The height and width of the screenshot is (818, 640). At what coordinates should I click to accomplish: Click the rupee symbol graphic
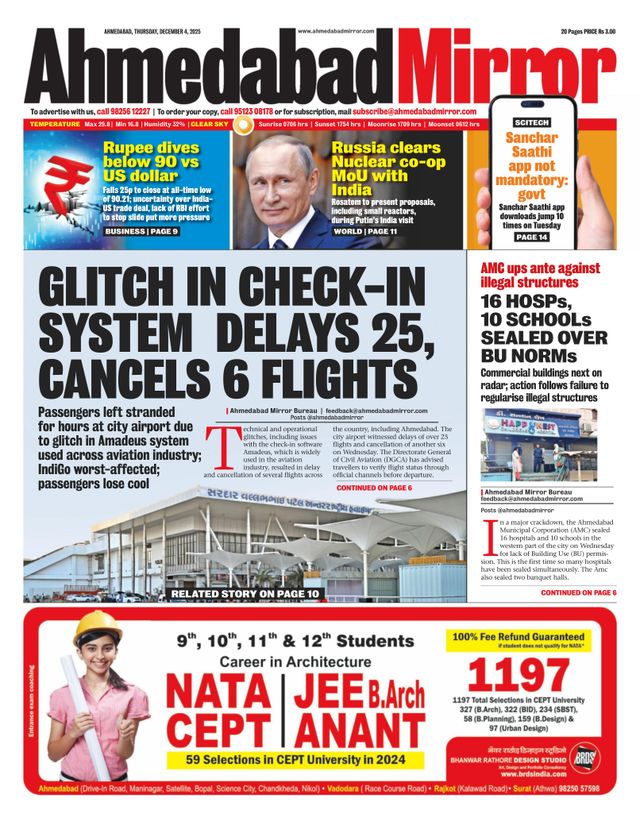click(61, 187)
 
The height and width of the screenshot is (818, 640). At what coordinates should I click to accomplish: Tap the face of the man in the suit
click(281, 181)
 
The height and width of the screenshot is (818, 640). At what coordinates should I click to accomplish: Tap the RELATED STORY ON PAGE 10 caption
click(244, 594)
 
